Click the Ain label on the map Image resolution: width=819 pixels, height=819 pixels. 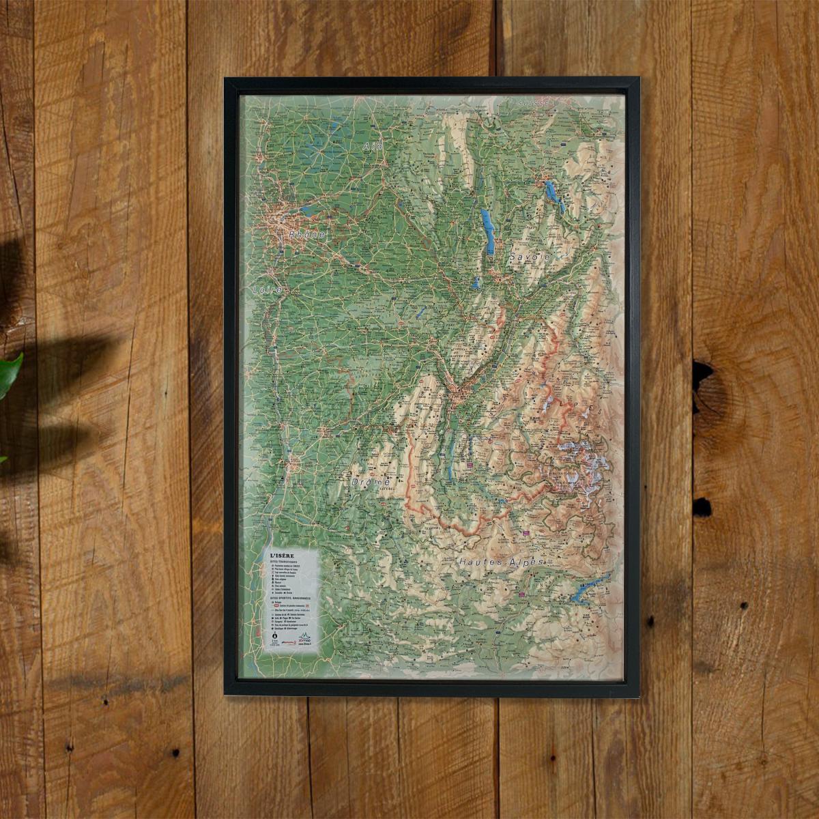pyautogui.click(x=373, y=147)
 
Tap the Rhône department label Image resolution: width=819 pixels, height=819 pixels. pyautogui.click(x=306, y=234)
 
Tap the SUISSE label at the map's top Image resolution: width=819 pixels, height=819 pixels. pyautogui.click(x=534, y=103)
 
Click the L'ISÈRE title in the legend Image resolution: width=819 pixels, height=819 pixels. pyautogui.click(x=284, y=556)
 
